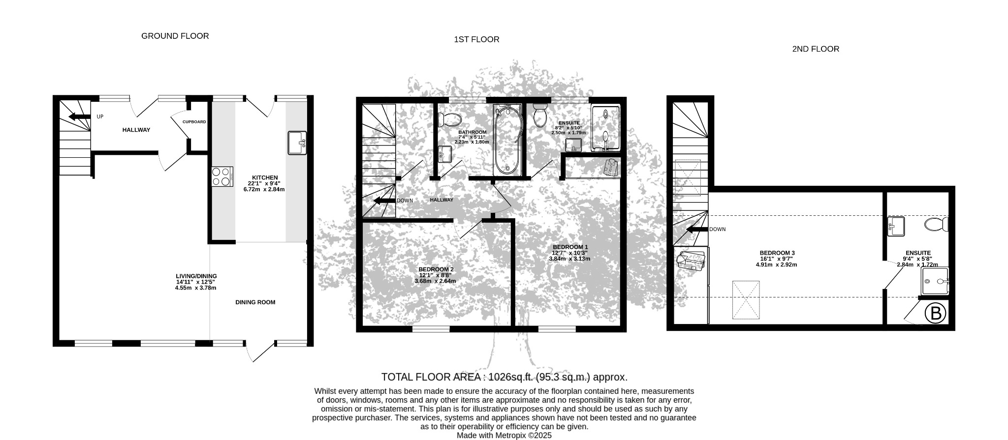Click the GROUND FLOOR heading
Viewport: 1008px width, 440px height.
(x=175, y=36)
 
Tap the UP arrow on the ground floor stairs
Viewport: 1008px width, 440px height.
(x=79, y=117)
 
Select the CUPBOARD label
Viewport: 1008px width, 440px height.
(x=194, y=122)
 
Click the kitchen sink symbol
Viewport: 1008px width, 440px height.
(x=297, y=143)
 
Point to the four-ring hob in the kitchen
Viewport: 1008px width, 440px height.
(x=222, y=177)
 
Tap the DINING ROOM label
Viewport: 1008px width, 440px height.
(x=255, y=302)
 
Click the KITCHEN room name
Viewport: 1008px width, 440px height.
(x=265, y=177)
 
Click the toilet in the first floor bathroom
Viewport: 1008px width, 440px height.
(x=449, y=119)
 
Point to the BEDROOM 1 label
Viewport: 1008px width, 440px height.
(x=570, y=247)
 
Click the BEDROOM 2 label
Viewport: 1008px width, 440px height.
(x=436, y=269)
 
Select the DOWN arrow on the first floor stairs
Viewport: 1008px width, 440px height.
(x=384, y=201)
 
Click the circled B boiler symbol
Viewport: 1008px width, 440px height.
(x=935, y=314)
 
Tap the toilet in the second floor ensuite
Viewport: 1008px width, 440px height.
(x=936, y=225)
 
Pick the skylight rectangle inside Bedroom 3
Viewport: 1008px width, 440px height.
(x=746, y=299)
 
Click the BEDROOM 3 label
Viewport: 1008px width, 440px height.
(x=777, y=253)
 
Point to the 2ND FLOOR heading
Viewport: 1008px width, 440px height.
(x=816, y=49)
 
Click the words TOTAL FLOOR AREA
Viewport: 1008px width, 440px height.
(x=430, y=377)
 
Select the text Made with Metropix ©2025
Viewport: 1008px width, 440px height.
(x=504, y=436)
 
